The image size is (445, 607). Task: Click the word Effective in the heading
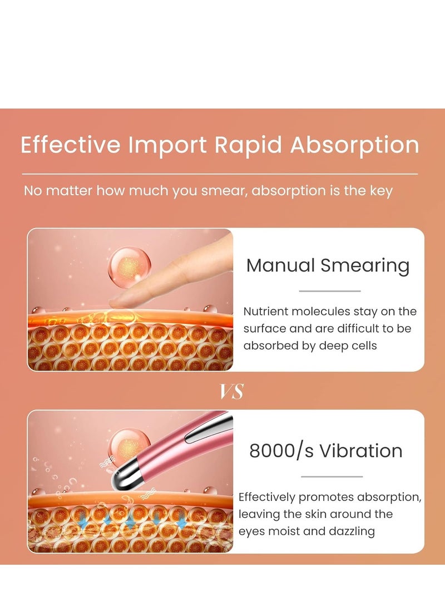(70, 145)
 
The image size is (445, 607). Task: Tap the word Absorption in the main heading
(355, 145)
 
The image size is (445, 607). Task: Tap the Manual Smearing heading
(328, 265)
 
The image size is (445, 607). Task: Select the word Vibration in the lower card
(367, 451)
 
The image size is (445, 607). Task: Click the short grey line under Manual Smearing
(330, 291)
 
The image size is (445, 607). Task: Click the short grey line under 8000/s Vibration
(332, 476)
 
